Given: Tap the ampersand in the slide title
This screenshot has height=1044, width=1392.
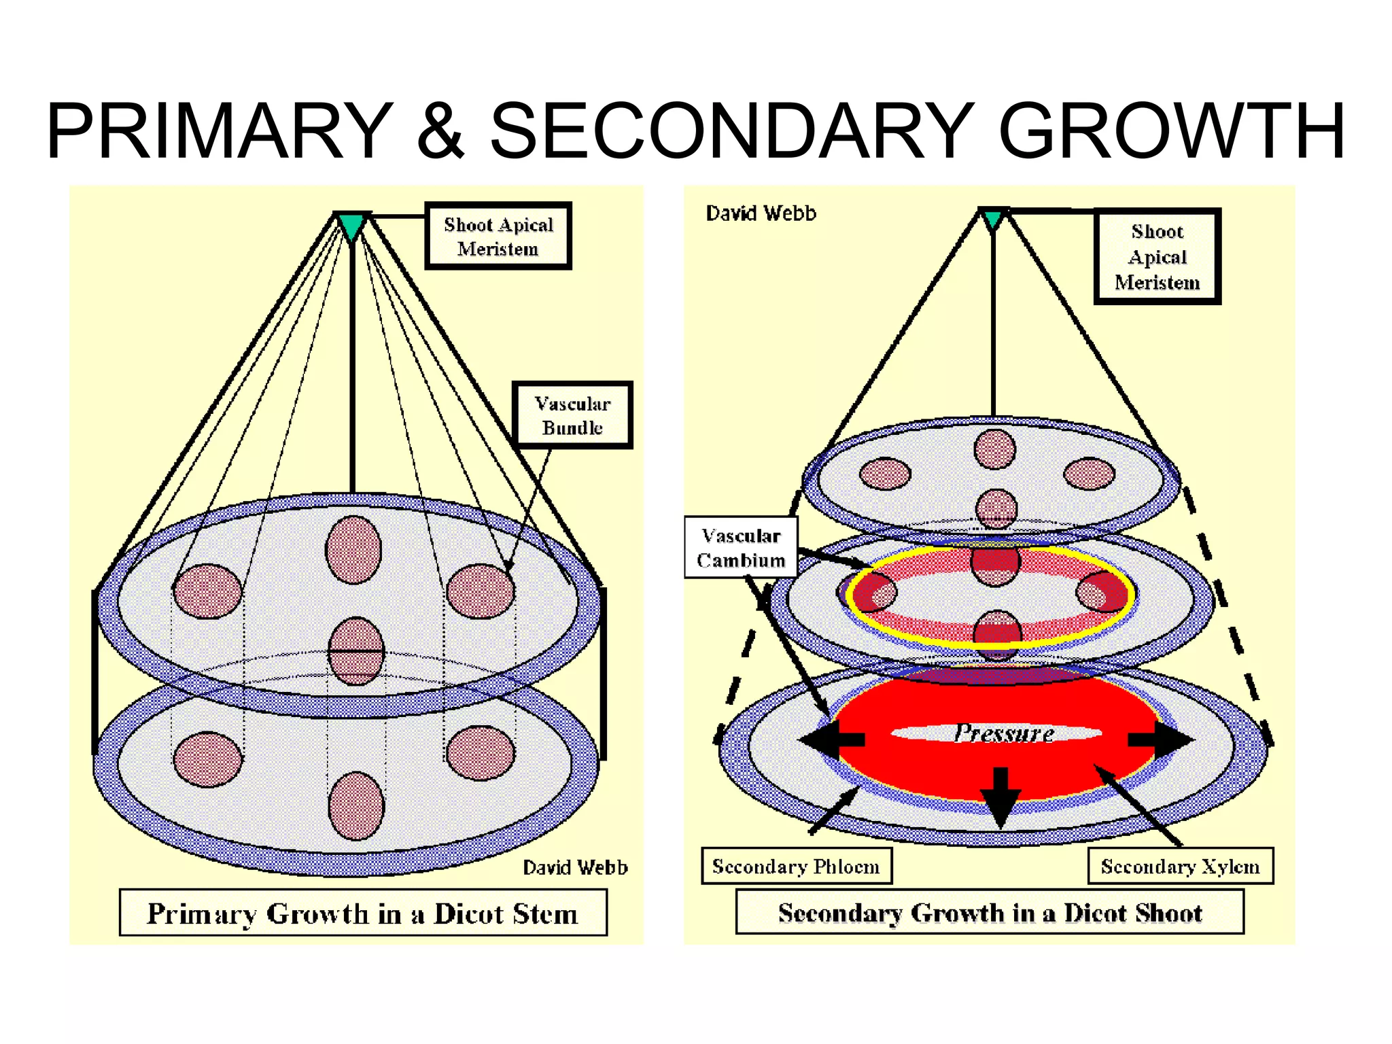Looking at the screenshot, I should coord(440,130).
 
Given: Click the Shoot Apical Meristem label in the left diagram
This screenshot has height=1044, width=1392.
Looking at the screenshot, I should coord(498,236).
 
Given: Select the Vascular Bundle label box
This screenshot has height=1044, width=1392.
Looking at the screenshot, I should coord(572,415).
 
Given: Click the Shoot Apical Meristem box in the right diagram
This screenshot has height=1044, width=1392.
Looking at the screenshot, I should coord(1157,256).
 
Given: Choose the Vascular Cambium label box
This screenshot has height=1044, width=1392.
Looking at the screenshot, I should coord(740,548).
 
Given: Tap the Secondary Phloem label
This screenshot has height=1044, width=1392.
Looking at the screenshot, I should coord(796,866).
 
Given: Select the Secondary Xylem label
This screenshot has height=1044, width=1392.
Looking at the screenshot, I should coord(1180,866).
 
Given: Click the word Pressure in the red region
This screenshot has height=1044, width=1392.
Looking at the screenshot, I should coord(1003,733).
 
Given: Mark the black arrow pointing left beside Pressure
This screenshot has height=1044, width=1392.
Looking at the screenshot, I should coord(831,740).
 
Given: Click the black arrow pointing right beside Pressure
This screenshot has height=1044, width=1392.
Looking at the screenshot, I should coord(1161,739).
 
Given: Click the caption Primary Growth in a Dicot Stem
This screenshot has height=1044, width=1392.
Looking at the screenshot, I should coord(363,913).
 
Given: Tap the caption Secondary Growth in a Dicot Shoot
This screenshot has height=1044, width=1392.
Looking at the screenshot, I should coord(990,912).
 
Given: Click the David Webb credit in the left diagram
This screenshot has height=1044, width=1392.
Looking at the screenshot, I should coord(575,867).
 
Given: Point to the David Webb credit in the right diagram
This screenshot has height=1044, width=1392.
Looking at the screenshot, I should coord(761,213).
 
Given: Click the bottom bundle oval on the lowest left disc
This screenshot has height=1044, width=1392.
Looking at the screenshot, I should coord(356,806).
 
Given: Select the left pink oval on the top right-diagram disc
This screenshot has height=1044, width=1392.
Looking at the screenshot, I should coord(885,474).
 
